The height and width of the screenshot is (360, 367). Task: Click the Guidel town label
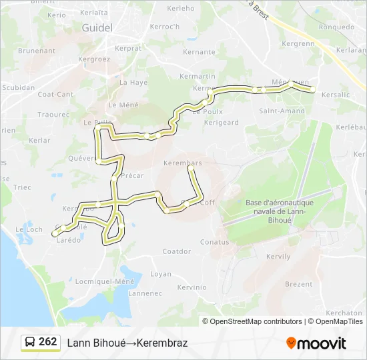tap(97, 27)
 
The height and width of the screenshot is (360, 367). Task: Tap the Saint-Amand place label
tap(282, 111)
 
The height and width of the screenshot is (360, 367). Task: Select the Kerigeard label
tap(221, 123)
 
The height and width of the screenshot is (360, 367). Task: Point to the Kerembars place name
tap(182, 162)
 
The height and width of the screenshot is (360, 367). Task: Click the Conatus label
tap(214, 242)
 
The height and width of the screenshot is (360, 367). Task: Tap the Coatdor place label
tap(177, 251)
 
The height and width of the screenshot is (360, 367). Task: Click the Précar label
tap(133, 176)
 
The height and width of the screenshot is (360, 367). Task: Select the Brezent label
tap(298, 284)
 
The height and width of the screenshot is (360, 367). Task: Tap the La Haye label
tap(133, 83)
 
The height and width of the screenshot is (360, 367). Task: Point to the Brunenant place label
tap(37, 51)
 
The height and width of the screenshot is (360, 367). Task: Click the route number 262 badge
tap(47, 342)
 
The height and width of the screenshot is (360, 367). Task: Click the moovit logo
tap(316, 343)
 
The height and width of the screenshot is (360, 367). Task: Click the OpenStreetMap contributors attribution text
tap(256, 321)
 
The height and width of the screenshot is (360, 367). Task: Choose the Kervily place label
tap(278, 256)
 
